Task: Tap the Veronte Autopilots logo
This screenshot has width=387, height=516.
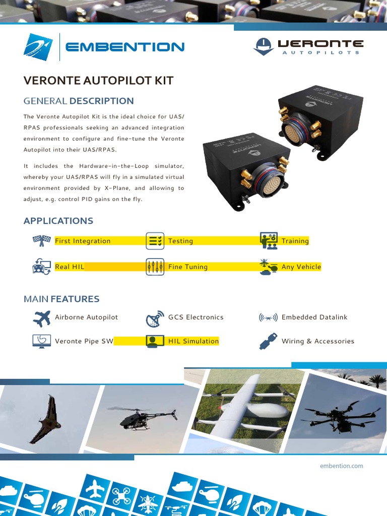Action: pos(308,46)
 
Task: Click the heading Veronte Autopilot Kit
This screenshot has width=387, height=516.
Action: pos(98,81)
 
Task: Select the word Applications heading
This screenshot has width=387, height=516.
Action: pos(58,221)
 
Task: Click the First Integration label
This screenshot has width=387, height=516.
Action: pos(82,241)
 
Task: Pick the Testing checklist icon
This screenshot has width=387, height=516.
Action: pos(155,241)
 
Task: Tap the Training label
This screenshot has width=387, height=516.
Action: pos(295,241)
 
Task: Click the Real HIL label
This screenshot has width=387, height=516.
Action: pos(70,267)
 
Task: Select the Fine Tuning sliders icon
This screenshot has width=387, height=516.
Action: pos(155,267)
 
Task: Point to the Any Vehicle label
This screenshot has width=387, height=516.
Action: pos(301,267)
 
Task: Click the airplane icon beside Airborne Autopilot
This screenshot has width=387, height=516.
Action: pos(42,317)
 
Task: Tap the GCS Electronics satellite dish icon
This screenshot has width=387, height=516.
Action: pos(154,318)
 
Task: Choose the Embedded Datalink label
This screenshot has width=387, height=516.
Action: pos(314,317)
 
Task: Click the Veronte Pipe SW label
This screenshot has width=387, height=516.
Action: pos(84,341)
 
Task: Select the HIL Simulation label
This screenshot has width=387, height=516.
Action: pos(193,341)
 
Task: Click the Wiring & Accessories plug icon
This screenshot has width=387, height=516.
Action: pos(268,341)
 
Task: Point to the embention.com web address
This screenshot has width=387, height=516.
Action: pos(341,466)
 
